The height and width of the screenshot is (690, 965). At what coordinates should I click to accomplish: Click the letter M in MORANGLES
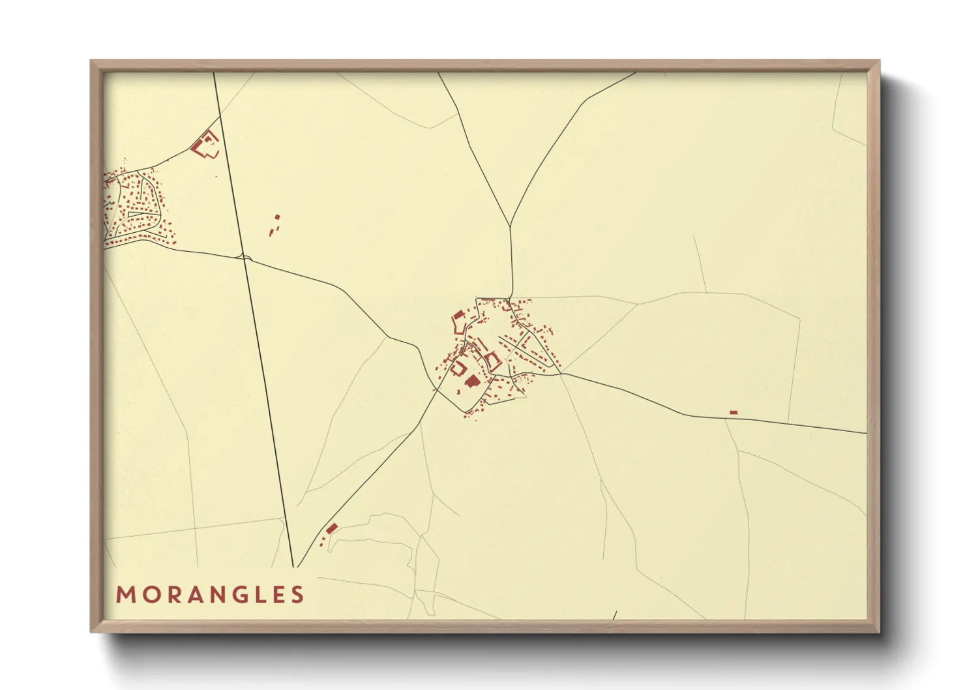tap(125, 595)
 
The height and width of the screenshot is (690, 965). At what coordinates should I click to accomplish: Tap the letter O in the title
tap(148, 595)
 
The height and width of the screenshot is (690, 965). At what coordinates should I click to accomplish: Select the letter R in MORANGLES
tap(170, 595)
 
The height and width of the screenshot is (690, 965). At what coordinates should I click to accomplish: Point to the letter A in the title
tap(192, 595)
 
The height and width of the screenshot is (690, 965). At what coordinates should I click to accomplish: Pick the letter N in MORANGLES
tap(215, 595)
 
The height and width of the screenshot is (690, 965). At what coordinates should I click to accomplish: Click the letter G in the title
tap(237, 595)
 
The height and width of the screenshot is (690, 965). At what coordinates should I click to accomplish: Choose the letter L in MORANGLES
tap(258, 595)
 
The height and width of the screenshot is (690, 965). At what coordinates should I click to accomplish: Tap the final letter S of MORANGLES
tap(298, 595)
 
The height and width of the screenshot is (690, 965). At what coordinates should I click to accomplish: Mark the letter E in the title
tap(278, 595)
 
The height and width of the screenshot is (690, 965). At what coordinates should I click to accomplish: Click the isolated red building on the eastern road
tap(734, 413)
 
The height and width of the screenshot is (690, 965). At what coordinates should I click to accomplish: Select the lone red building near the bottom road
tap(332, 528)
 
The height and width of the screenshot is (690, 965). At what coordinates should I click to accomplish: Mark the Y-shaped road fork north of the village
tap(511, 226)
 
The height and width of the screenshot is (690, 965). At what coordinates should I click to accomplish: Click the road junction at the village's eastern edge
tap(561, 374)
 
